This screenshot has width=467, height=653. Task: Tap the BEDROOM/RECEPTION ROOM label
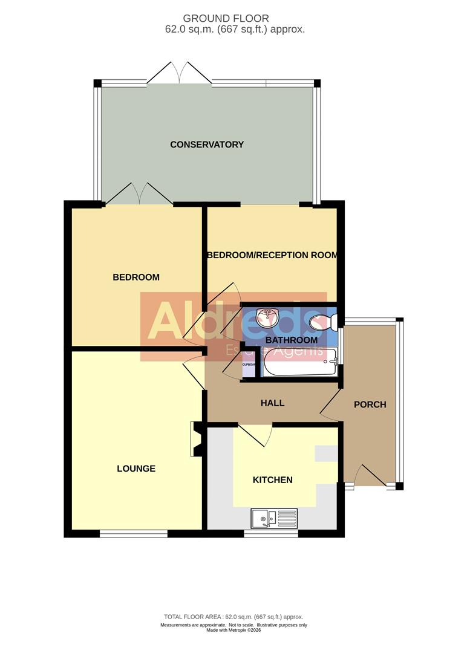click(272, 255)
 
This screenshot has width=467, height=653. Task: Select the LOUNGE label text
click(136, 469)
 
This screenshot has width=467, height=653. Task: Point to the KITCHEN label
click(272, 480)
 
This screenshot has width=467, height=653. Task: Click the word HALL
click(272, 403)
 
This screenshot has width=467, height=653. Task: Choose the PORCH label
click(370, 404)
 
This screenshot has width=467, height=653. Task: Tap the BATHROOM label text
click(292, 340)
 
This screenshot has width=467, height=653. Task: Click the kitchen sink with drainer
click(274, 518)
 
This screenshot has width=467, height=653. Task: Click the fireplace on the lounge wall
click(196, 439)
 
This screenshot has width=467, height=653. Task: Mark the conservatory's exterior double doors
click(180, 74)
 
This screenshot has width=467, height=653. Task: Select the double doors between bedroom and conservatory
click(140, 195)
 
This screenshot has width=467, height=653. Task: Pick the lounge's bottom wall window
click(133, 533)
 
